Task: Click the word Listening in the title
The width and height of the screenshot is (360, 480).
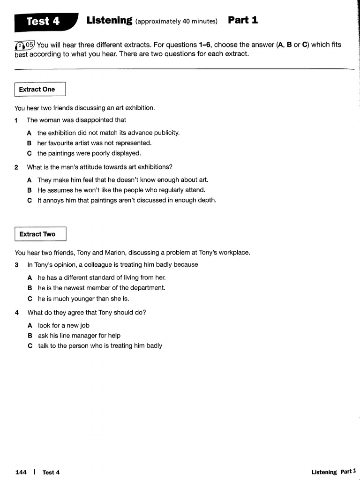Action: coord(109,20)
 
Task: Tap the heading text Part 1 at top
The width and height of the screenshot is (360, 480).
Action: coord(242,20)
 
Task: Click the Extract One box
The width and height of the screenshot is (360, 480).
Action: coord(39,90)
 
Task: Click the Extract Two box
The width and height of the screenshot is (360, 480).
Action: coord(40,234)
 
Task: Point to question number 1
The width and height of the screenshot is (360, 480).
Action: coord(16,120)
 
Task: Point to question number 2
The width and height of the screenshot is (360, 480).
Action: coord(16,167)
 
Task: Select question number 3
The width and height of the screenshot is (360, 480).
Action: coord(16,265)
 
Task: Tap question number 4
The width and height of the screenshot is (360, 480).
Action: coord(16,313)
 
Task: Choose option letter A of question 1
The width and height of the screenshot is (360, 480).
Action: coord(29,133)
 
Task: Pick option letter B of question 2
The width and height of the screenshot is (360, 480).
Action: coord(29,190)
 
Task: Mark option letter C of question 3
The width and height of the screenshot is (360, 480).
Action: coord(30,299)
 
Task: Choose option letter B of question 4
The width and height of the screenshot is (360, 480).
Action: coord(30,336)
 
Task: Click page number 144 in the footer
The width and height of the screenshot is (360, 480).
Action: coord(21,472)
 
